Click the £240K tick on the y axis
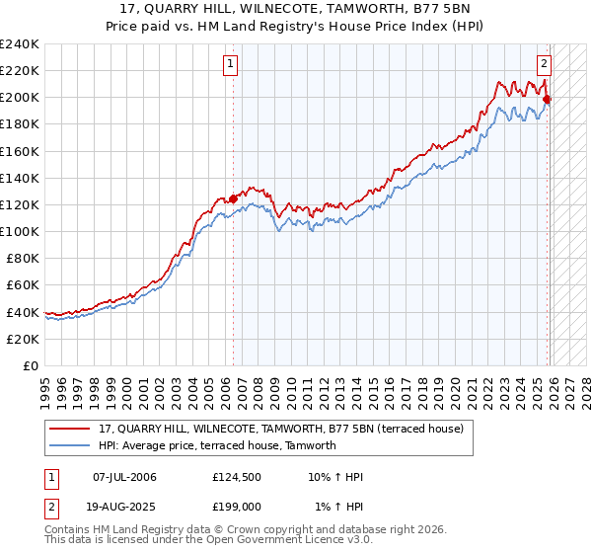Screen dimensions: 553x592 20,44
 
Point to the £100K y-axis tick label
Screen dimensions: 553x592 20,231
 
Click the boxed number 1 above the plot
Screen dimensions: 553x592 230,65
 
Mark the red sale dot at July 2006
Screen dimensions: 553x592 233,198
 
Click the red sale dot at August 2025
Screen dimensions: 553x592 547,99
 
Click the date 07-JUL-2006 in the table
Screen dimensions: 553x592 124,477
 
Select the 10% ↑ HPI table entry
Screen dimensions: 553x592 335,477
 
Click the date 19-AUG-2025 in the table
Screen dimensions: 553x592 125,505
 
